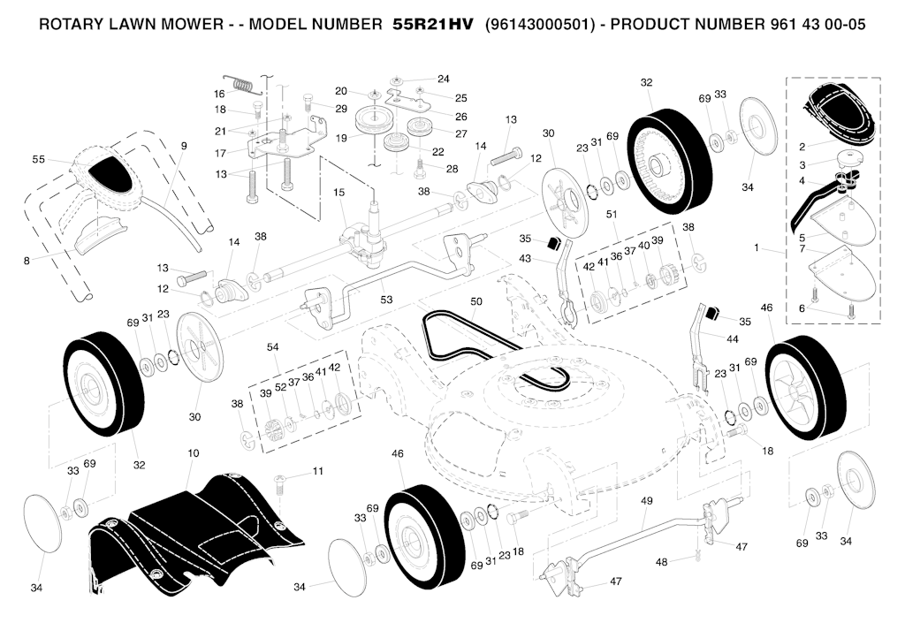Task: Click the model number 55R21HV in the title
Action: point(432,24)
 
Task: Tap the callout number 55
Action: point(38,159)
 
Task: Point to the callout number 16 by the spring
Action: point(219,94)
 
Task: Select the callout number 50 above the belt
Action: point(476,301)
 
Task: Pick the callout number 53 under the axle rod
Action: point(386,300)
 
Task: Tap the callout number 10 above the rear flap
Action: point(193,453)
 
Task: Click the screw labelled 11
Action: point(279,482)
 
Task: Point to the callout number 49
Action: point(646,501)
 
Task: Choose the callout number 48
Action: point(661,561)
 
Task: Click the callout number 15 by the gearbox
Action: point(338,192)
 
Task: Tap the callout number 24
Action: point(444,79)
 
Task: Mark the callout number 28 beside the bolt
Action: point(452,169)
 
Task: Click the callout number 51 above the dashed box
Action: point(612,214)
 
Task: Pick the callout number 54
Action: point(272,346)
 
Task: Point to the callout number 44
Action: point(732,339)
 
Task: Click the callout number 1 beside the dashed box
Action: point(757,247)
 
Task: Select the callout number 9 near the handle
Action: point(184,146)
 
